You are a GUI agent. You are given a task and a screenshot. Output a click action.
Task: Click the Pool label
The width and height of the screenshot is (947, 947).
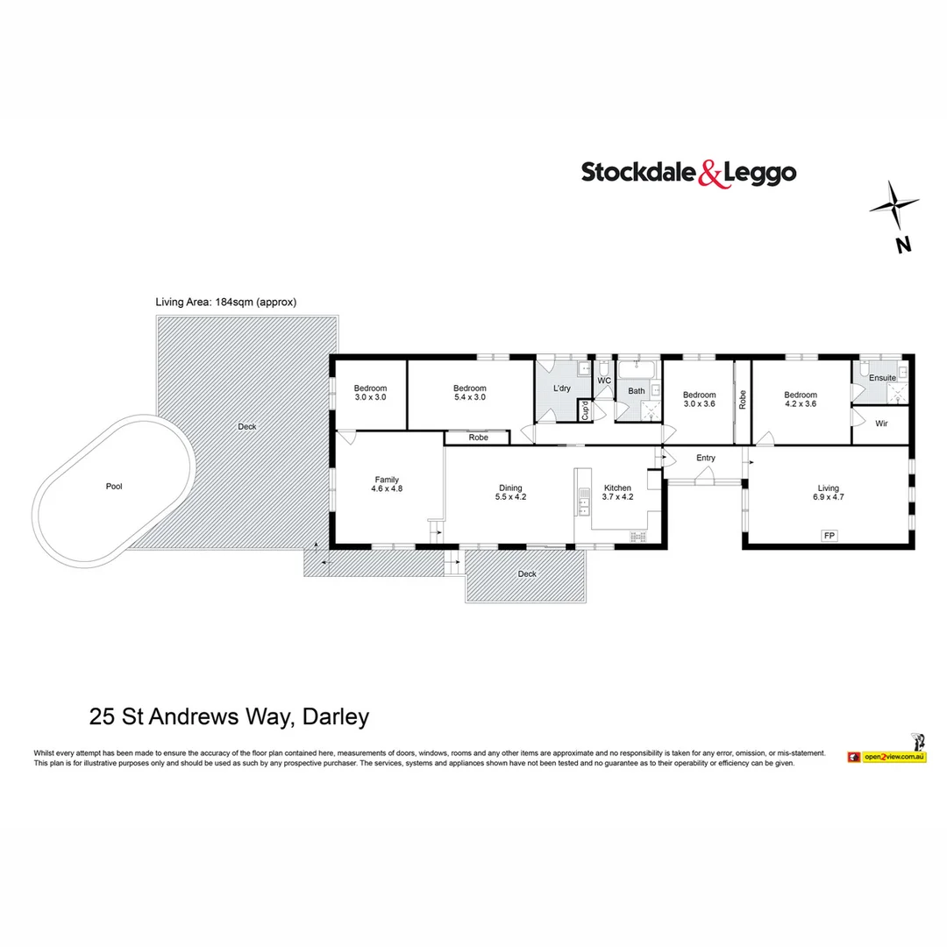pos(114,486)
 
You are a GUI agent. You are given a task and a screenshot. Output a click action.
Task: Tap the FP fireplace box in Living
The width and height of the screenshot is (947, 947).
pos(827,534)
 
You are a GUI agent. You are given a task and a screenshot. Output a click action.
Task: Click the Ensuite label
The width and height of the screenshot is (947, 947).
pos(882,377)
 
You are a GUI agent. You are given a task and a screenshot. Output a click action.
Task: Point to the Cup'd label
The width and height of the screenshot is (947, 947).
pos(585,410)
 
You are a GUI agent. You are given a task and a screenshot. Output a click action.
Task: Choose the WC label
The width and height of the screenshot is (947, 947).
pos(603,381)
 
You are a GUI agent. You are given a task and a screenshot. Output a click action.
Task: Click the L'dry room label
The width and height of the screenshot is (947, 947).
pos(561,388)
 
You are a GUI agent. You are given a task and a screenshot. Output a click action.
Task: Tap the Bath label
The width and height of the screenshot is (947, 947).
pos(636,391)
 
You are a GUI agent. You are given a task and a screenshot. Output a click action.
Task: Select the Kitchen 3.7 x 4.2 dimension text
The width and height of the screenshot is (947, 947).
pos(617,497)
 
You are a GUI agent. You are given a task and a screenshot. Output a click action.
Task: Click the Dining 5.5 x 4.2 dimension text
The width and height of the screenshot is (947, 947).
pos(510,497)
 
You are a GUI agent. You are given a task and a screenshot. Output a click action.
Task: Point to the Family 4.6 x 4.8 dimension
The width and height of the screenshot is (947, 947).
pos(387,490)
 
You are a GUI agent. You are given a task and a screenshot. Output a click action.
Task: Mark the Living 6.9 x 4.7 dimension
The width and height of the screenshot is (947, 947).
pos(829,497)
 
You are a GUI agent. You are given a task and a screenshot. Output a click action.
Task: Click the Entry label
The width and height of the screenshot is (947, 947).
pos(706,458)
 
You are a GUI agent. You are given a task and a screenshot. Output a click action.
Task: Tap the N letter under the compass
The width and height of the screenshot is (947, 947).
pos(903,246)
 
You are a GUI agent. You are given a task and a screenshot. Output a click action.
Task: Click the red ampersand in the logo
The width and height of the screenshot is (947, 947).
pos(712,174)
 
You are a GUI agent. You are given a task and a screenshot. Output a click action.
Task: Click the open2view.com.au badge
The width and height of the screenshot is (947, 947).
pos(894,756)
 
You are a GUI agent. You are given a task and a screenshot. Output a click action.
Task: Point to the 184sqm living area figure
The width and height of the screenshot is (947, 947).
pos(232,302)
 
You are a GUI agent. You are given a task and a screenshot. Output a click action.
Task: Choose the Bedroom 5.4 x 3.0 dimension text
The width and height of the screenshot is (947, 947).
pos(470,397)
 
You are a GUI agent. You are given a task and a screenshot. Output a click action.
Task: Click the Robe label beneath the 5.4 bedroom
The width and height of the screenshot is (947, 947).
pos(478,437)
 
